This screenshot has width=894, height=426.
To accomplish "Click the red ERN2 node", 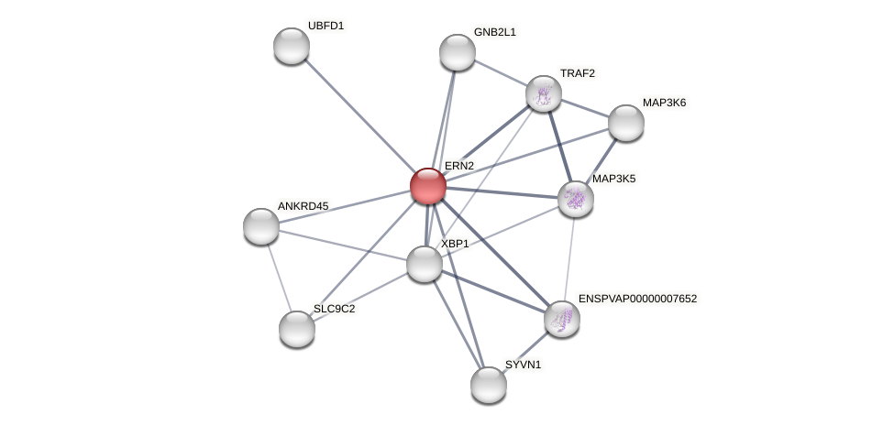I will click(428, 186).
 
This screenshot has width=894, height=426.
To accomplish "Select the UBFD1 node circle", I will click(292, 46).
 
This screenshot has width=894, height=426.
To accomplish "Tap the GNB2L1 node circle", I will click(458, 52).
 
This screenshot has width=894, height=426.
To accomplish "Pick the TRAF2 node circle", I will click(544, 93).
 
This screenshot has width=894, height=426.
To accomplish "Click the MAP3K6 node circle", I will click(626, 123).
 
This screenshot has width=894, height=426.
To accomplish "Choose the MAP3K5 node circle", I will click(576, 199).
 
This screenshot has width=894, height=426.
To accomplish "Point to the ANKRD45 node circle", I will click(261, 226).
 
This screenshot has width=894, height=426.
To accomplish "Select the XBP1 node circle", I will click(425, 264).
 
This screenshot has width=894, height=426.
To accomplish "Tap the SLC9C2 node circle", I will click(297, 329).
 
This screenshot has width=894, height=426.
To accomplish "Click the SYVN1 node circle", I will click(489, 385).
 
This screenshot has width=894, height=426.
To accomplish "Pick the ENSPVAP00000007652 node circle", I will click(562, 319).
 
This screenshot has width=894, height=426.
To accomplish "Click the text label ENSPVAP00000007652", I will click(637, 299).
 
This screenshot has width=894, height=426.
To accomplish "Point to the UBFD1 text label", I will click(326, 26).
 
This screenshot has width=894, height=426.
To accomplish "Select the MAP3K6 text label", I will click(664, 103).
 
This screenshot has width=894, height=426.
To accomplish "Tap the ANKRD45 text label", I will click(303, 206).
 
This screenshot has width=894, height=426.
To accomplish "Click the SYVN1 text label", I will click(524, 365).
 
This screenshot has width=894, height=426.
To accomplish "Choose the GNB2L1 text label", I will click(495, 32).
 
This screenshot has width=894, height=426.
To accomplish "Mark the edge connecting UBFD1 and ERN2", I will click(359, 115).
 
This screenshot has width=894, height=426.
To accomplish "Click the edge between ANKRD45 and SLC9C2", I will click(279, 277).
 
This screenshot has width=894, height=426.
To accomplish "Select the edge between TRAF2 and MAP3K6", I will click(585, 108).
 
